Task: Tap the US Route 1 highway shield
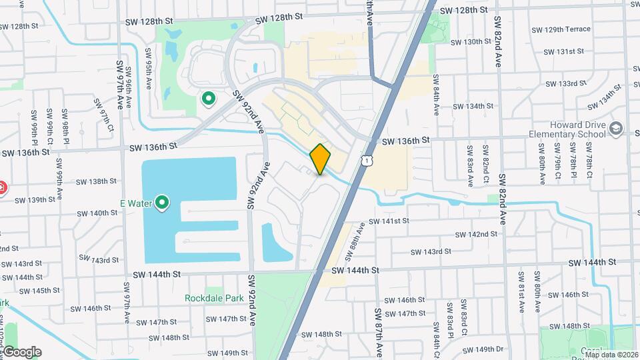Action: (367, 159)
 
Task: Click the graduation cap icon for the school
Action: (615, 127)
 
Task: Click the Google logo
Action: (21, 351)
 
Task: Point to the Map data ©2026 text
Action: (611, 355)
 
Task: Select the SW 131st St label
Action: (564, 51)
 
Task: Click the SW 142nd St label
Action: (477, 234)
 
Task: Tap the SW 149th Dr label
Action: (490, 349)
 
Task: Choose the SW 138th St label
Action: (97, 181)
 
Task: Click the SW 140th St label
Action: (97, 213)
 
